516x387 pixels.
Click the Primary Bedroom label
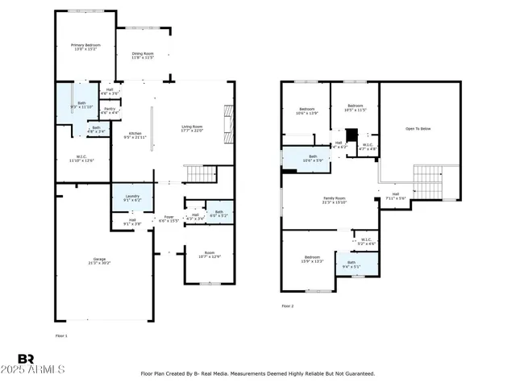pos(82,48)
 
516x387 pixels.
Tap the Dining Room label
pos(143,56)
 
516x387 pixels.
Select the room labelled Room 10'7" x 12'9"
pos(210,255)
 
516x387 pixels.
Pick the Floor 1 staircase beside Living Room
pos(201,173)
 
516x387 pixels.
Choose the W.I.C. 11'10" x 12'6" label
pos(82,159)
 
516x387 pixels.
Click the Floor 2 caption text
pos(288,306)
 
